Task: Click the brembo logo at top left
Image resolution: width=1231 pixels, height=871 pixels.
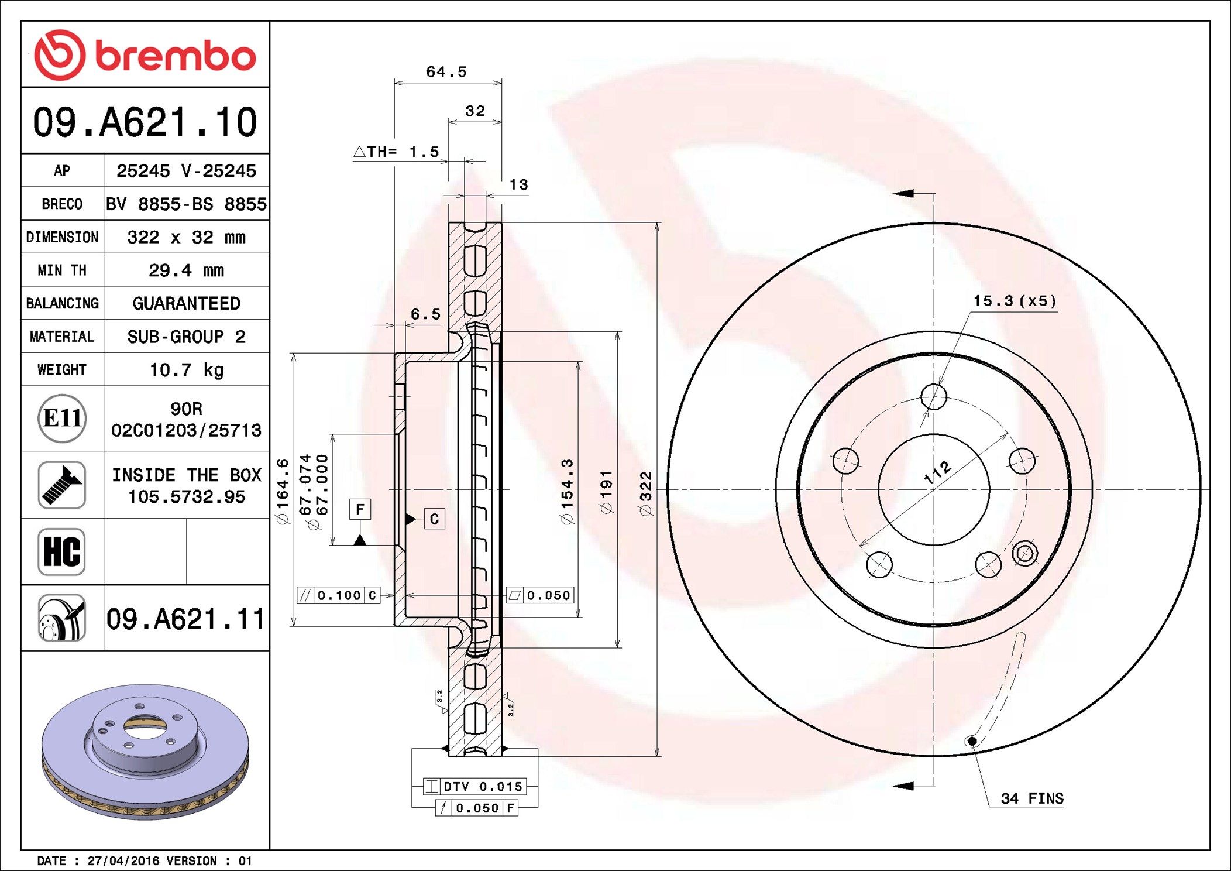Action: pyautogui.click(x=145, y=55)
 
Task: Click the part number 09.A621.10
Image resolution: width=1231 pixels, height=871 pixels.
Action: pyautogui.click(x=145, y=122)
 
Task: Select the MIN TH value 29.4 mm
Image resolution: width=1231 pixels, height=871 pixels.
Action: pyautogui.click(x=186, y=270)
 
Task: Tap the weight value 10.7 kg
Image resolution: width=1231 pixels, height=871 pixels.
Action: pyautogui.click(x=186, y=370)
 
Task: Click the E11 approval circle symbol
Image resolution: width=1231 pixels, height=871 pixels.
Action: pyautogui.click(x=62, y=419)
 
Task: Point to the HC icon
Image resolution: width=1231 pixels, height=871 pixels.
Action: pyautogui.click(x=62, y=552)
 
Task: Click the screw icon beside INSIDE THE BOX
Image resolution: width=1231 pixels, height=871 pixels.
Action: pyautogui.click(x=62, y=485)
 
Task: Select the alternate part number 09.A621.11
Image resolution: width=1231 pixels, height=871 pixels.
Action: pyautogui.click(x=185, y=619)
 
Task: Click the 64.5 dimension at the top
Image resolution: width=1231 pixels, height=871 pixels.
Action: pyautogui.click(x=446, y=72)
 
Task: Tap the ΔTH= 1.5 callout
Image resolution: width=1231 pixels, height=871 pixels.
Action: pyautogui.click(x=397, y=152)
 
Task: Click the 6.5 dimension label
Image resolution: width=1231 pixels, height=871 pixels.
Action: pyautogui.click(x=425, y=314)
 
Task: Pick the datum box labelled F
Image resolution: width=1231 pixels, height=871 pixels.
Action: pyautogui.click(x=360, y=509)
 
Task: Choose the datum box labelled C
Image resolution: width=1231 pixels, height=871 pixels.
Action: pyautogui.click(x=434, y=519)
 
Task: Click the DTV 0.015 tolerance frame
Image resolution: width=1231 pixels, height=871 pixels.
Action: pyautogui.click(x=474, y=786)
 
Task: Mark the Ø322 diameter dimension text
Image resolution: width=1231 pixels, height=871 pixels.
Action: pyautogui.click(x=645, y=493)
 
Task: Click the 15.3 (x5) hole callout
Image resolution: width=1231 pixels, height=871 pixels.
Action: pyautogui.click(x=1015, y=301)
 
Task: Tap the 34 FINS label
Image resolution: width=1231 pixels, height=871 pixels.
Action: pyautogui.click(x=1031, y=798)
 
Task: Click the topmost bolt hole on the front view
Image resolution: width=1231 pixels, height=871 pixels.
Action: pyautogui.click(x=933, y=397)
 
